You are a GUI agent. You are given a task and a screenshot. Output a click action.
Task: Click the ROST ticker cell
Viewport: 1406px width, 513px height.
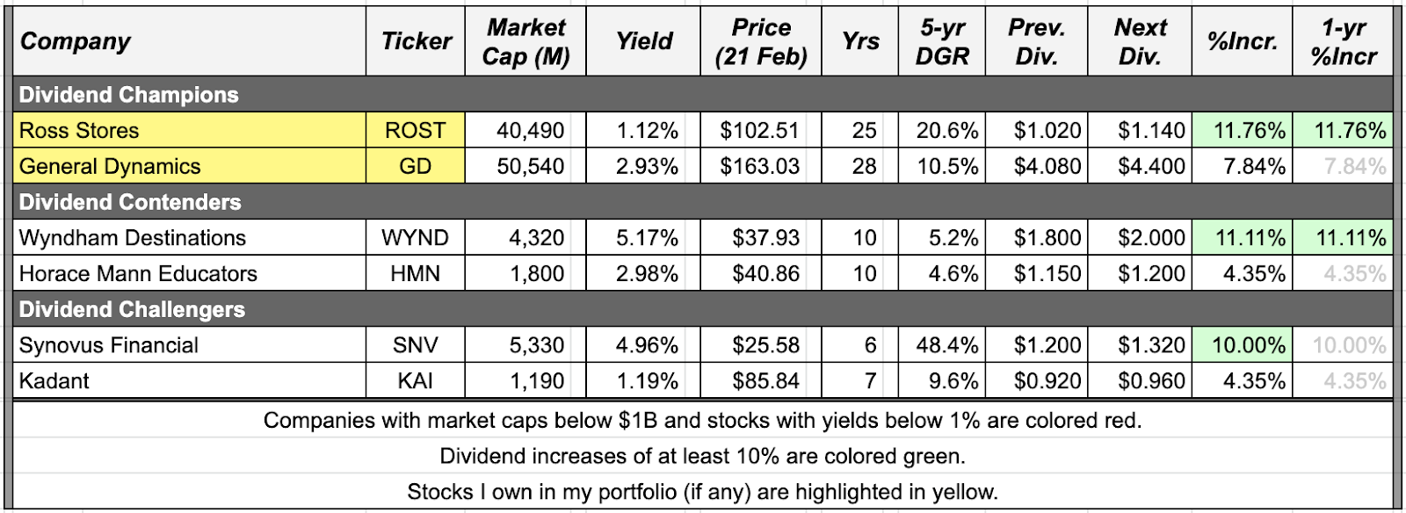coord(415,130)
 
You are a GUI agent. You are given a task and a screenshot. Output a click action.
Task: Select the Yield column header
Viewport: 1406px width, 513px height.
coord(644,41)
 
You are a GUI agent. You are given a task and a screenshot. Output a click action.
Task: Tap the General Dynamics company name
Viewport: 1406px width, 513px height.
coord(110,166)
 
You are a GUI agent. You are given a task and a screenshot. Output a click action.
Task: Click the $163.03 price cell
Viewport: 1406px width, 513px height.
coord(760,166)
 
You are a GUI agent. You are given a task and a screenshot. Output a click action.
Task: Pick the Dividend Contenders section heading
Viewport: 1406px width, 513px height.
coord(130,202)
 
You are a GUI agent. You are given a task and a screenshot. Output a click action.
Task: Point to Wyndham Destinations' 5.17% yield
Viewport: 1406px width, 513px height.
coord(647,238)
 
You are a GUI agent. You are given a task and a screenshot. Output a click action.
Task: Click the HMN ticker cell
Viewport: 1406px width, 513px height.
coord(415,274)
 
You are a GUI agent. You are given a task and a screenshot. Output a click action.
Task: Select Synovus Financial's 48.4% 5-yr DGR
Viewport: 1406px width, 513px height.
coord(947,345)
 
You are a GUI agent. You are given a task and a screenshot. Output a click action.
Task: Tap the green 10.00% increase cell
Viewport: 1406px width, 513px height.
coord(1249,345)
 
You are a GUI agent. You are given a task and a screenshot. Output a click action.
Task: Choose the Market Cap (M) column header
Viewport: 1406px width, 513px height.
coord(525,41)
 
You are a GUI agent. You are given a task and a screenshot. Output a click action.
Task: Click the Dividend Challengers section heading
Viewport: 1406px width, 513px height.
coord(132,309)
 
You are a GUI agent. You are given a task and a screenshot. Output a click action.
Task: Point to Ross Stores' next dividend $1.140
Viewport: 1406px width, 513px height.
coord(1151,130)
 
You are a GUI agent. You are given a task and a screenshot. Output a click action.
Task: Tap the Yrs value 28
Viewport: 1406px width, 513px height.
coord(864,166)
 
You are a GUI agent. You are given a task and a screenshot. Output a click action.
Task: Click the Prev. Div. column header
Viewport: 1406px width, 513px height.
coord(1036,41)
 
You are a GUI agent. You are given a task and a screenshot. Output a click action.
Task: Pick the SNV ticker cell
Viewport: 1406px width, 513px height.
coord(415,345)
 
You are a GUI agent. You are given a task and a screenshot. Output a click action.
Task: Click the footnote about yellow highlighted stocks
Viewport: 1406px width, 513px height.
coord(702,491)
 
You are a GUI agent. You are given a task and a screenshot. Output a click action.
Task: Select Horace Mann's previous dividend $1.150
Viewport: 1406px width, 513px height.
coord(1047,274)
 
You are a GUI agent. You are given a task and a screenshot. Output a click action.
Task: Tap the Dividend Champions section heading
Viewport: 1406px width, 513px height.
coord(129,95)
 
